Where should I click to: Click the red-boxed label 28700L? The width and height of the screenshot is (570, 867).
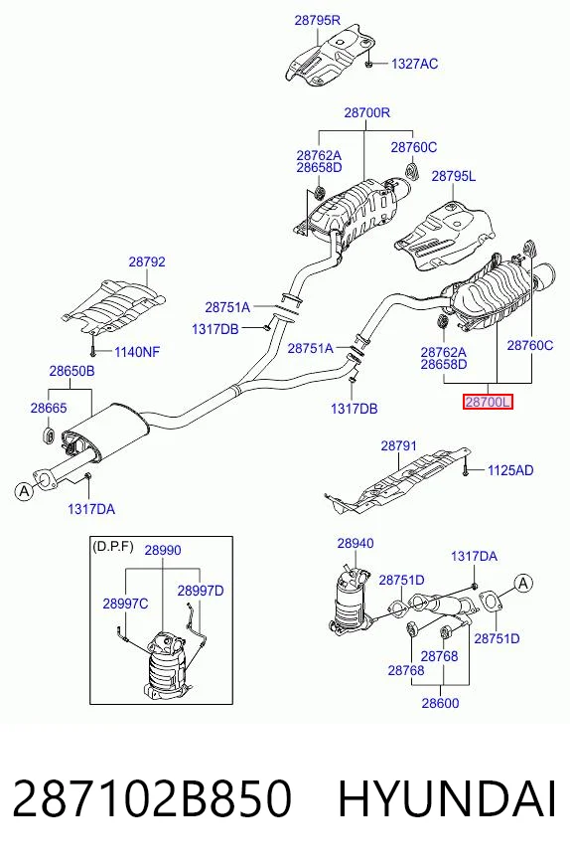click(488, 403)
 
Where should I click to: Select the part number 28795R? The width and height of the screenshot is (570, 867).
click(317, 21)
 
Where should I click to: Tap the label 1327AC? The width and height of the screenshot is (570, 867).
click(414, 65)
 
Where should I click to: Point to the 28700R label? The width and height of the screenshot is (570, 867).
click(366, 112)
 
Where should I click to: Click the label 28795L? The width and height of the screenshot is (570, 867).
click(453, 176)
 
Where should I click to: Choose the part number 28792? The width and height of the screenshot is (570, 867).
click(147, 261)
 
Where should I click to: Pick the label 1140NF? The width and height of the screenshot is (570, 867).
click(137, 352)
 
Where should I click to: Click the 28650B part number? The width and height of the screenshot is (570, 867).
click(71, 371)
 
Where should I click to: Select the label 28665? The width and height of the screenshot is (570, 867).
click(49, 408)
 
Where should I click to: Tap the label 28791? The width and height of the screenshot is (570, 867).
click(399, 445)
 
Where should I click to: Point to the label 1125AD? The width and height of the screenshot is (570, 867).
click(510, 470)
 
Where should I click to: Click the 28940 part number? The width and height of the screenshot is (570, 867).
click(356, 544)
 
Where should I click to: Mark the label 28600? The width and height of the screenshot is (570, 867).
click(440, 703)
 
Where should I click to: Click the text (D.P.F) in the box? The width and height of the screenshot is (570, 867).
click(112, 547)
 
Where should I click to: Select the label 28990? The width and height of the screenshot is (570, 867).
click(163, 550)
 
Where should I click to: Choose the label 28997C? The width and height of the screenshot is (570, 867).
click(125, 604)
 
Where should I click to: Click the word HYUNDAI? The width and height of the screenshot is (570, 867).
click(447, 798)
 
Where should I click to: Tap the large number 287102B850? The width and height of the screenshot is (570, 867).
click(151, 798)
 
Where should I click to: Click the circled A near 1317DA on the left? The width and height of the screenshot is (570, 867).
click(24, 491)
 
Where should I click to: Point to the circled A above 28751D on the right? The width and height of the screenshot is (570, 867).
click(523, 583)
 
